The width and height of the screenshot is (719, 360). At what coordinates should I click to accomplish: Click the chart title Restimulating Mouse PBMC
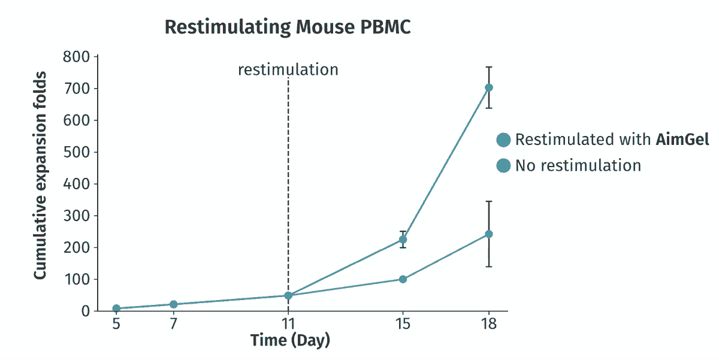288,27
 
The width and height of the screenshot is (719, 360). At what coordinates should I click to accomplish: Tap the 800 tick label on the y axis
77,57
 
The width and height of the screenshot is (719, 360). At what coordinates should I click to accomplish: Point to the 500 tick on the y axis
77,152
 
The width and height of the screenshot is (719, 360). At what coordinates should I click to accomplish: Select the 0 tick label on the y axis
86,311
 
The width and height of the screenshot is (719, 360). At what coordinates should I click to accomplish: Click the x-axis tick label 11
288,323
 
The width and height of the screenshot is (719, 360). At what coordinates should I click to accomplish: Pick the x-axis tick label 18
488,323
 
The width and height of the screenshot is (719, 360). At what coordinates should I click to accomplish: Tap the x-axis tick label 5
116,323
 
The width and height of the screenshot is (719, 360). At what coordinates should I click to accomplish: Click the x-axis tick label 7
173,323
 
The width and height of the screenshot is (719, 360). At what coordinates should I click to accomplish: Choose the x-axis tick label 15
403,323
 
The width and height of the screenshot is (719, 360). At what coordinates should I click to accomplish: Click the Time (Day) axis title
290,340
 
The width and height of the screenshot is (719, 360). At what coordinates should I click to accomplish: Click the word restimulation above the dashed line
288,69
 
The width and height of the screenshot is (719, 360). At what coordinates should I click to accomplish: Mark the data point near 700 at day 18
488,87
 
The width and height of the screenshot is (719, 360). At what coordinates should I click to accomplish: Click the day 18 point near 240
488,234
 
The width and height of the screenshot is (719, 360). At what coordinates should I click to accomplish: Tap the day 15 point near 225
403,240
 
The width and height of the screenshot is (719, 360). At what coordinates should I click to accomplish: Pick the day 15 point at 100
403,279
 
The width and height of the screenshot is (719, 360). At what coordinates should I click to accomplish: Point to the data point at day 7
173,304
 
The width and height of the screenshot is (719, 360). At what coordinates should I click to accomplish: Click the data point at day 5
116,308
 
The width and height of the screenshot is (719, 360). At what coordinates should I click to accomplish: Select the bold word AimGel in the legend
682,140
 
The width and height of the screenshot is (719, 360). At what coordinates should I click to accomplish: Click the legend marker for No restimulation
503,165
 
